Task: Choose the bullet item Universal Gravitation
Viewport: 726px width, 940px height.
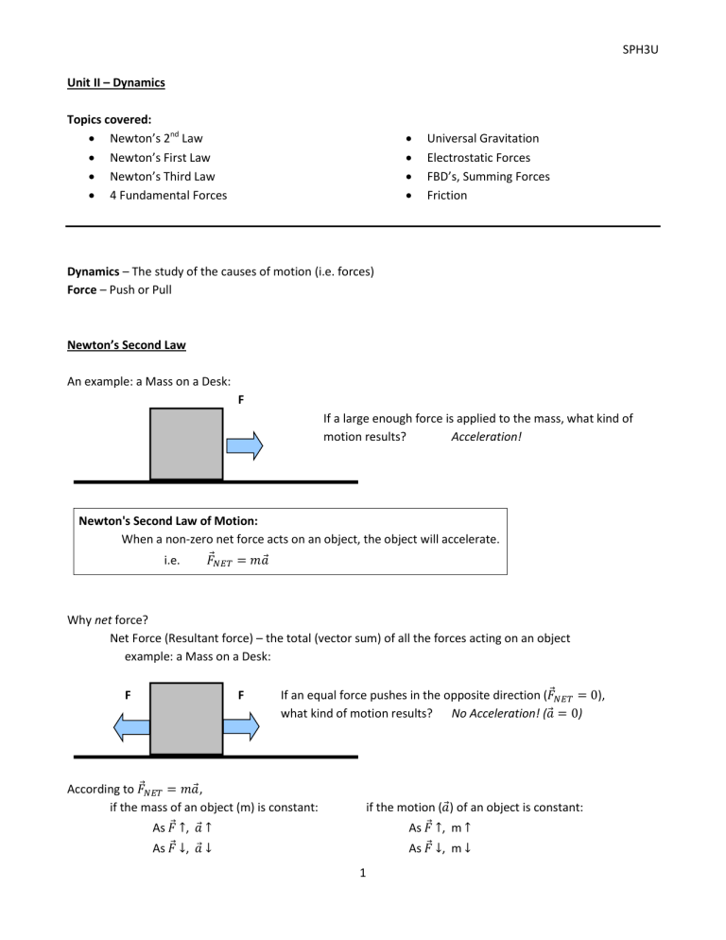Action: point(481,138)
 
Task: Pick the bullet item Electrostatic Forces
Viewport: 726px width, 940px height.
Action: point(478,157)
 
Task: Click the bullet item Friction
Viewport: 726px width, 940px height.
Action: point(447,195)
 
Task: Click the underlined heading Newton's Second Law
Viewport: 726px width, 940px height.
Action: point(126,346)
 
